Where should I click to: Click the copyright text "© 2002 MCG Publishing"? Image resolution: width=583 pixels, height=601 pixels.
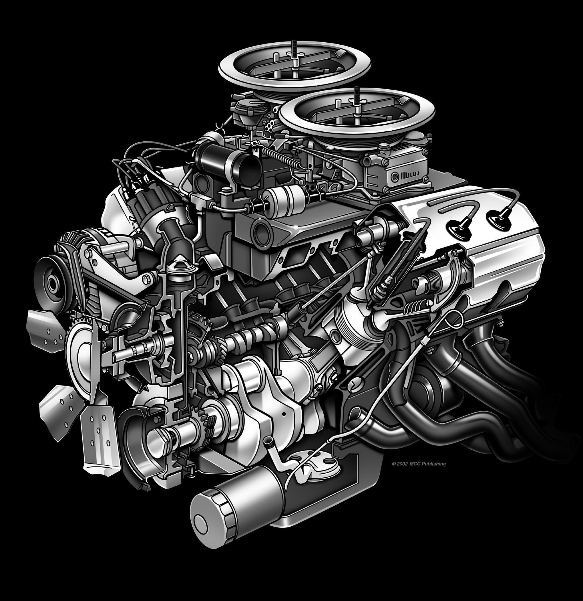tap(419, 464)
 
